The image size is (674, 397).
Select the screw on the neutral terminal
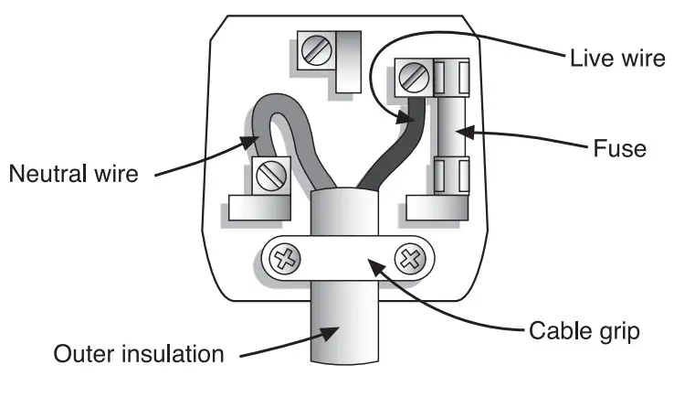tap(271, 173)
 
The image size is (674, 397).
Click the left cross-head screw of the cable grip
tap(287, 261)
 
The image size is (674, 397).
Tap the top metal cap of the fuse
tap(452, 77)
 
